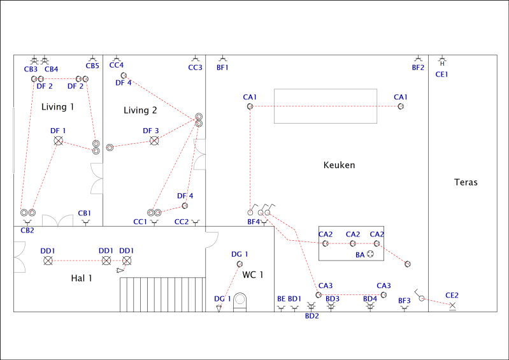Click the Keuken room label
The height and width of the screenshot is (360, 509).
pos(339,165)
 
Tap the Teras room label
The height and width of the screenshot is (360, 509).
pos(466,182)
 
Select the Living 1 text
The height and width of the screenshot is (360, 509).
pos(58,107)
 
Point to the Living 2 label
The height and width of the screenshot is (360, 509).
pos(140,110)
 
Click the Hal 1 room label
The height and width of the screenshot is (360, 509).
pos(82,278)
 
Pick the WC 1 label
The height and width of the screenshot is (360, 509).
pos(252,275)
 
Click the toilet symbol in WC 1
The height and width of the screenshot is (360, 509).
pos(240,302)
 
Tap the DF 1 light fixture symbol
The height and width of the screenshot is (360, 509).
pos(59,141)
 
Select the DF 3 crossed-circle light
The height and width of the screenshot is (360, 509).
pos(154,141)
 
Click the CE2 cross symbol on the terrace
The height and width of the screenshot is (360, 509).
pos(452,305)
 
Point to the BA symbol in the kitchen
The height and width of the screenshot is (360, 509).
pos(370,254)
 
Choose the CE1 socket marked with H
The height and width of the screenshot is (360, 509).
pos(442,61)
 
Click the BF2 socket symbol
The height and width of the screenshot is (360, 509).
pos(418,59)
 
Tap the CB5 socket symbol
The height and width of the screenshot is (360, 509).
pos(92,59)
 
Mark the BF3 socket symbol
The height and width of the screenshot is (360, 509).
pos(404,308)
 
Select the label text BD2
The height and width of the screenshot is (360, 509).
pos(312,316)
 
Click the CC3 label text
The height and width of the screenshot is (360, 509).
pos(195,68)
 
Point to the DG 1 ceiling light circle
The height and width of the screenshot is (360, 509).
pos(240,264)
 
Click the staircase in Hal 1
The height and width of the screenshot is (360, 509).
pos(162,294)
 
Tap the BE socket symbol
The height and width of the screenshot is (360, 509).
pos(281,308)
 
